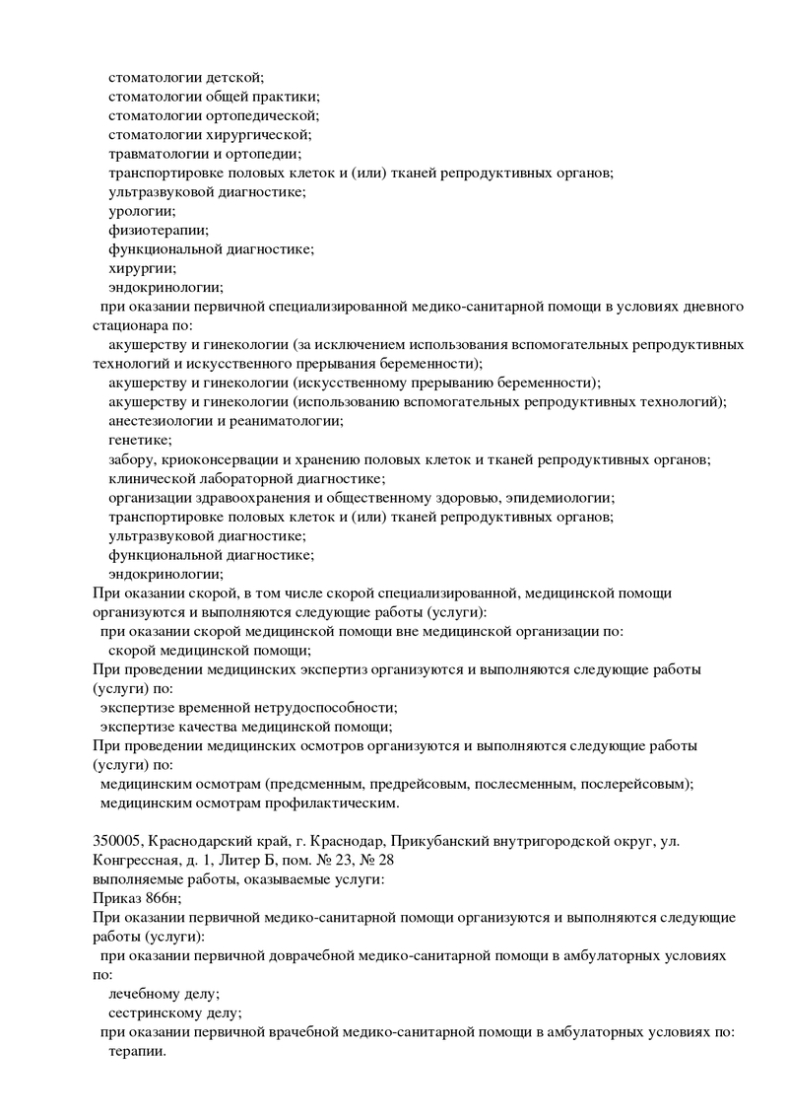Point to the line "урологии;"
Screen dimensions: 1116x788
point(142,210)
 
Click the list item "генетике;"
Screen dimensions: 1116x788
point(141,440)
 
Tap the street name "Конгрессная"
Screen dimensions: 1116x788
point(133,860)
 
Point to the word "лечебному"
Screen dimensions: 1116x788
point(147,994)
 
